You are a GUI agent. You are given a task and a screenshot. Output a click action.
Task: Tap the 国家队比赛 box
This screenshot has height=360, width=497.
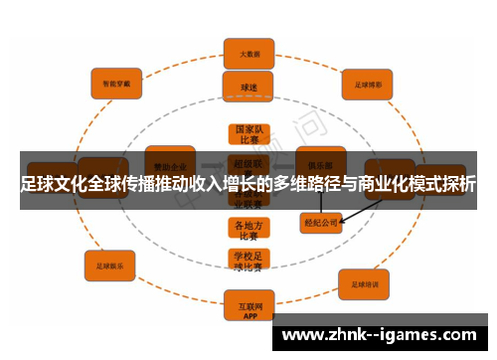coord(248,135)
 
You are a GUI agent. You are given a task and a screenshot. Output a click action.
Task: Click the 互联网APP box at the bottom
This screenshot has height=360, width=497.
coord(248,303)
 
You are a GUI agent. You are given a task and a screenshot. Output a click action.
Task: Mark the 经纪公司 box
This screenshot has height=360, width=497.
coord(321,224)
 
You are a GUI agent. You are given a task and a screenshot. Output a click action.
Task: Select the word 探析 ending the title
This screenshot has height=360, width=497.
coord(457,185)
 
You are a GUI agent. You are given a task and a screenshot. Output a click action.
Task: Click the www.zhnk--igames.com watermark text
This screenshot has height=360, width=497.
coord(380,334)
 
